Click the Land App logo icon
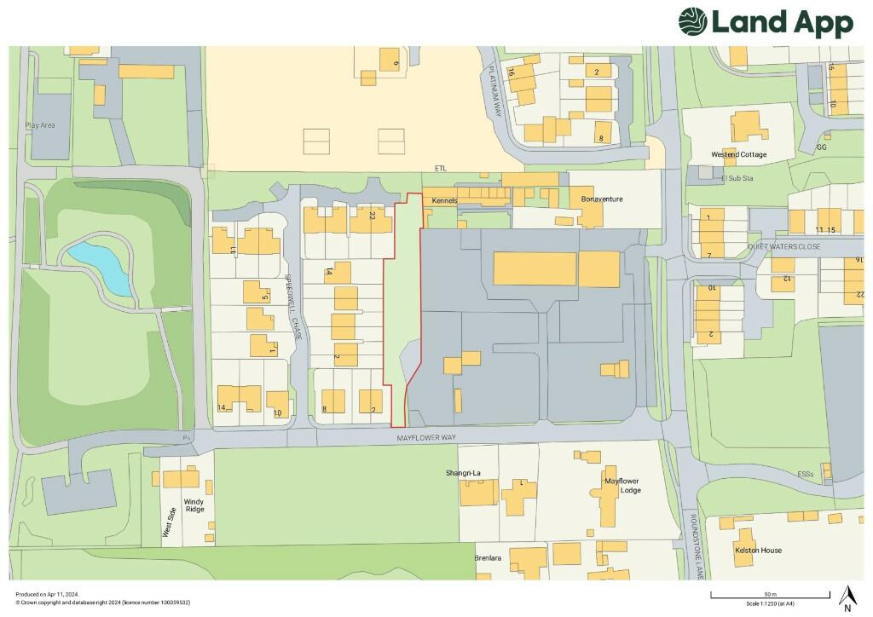point(692,21)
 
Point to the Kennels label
point(445,201)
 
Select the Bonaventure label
point(602,199)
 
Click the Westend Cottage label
point(739,155)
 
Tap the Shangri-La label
point(465,473)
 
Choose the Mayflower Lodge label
point(622,486)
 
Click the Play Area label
point(40,125)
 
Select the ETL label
point(440,169)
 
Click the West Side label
point(170,522)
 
